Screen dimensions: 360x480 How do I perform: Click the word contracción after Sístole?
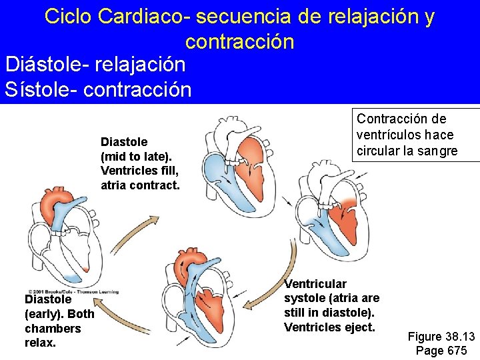[x=136, y=89]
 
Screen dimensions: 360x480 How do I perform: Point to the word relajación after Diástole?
[x=140, y=65]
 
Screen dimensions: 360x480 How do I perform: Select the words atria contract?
[x=140, y=185]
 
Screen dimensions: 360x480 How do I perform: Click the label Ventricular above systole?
[x=315, y=284]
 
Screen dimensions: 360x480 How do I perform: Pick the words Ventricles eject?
[x=329, y=327]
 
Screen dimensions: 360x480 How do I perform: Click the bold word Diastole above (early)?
[x=48, y=299]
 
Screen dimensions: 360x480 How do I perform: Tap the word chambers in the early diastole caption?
[x=53, y=329]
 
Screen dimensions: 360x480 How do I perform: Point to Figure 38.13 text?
[x=441, y=336]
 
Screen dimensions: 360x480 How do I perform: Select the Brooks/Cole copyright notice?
[x=71, y=291]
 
